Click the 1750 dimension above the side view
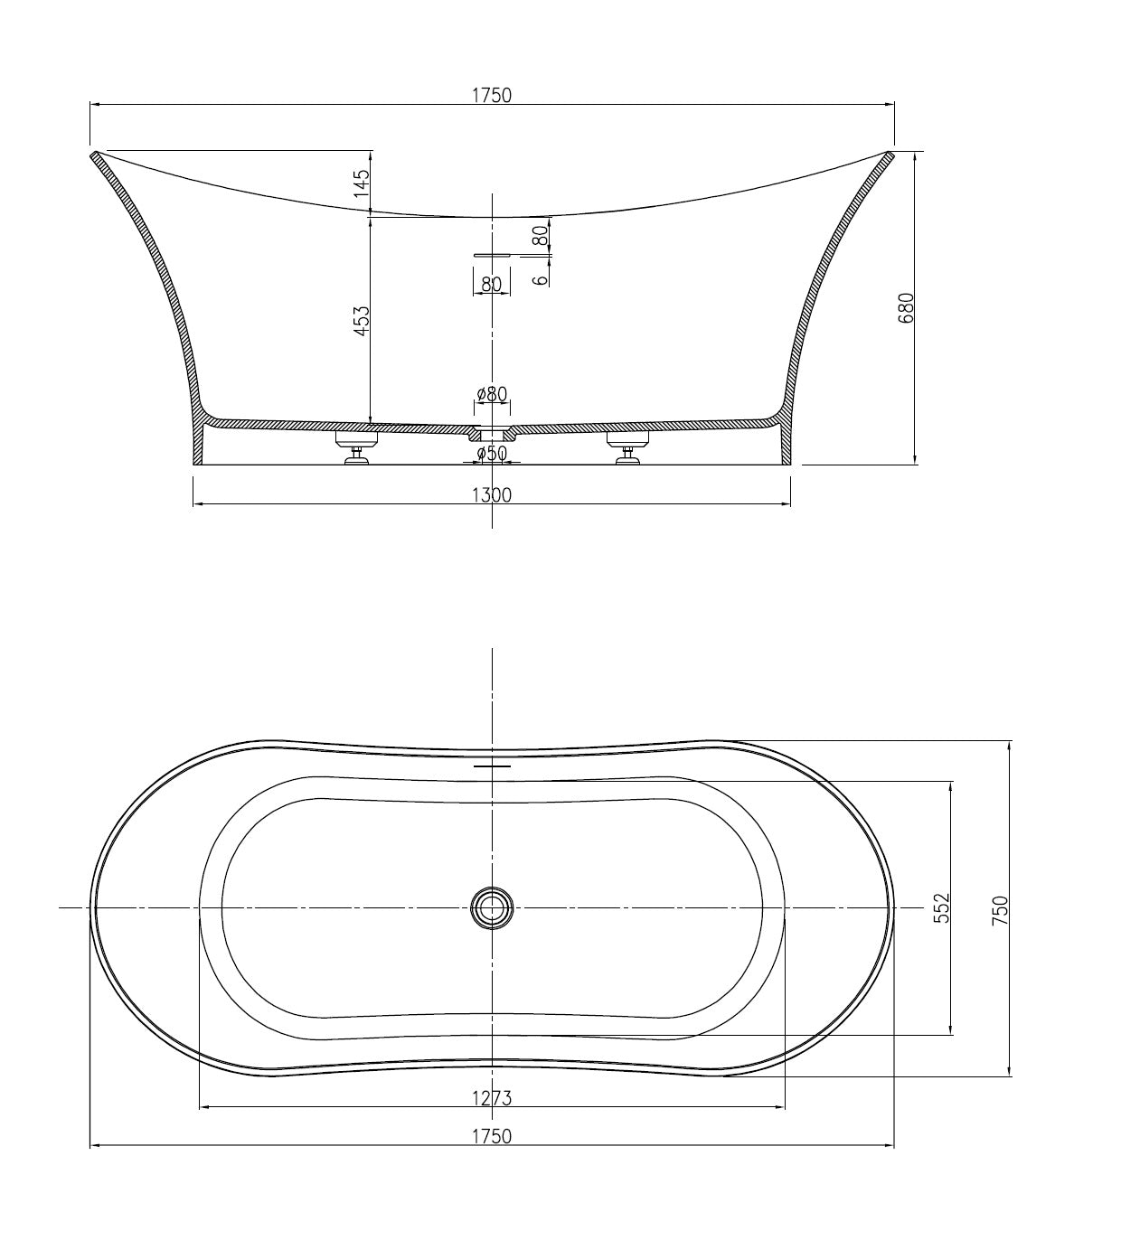click(x=491, y=95)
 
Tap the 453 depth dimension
click(x=362, y=321)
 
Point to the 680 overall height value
click(x=908, y=307)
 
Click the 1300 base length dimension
click(x=491, y=494)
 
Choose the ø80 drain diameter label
click(x=492, y=394)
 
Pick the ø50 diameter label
click(x=492, y=453)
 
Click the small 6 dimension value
click(x=541, y=279)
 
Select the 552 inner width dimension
click(x=941, y=907)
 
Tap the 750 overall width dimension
click(x=1000, y=907)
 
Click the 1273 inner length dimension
click(x=491, y=1098)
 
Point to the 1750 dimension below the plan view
click(x=491, y=1136)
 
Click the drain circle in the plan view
click(x=492, y=907)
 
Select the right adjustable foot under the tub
click(x=628, y=449)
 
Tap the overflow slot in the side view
click(x=492, y=255)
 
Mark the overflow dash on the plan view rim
click(x=492, y=766)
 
